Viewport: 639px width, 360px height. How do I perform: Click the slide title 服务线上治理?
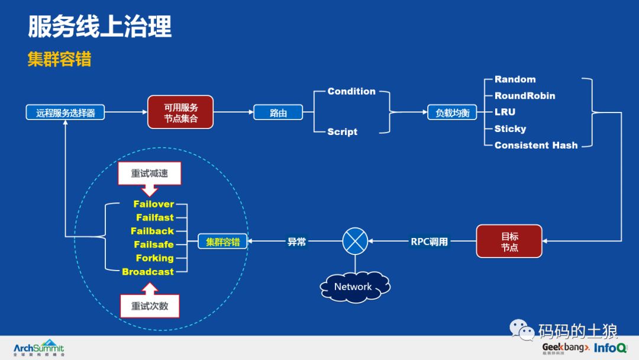coord(100,27)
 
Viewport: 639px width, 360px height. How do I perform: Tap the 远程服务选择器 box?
coord(65,112)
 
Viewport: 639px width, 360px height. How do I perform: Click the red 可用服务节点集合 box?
coord(180,112)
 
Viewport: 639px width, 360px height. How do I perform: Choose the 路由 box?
coord(278,112)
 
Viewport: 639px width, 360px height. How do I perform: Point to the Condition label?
coord(351,91)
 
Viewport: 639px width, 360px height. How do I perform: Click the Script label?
coord(343,131)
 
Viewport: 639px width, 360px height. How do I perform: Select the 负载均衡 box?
coord(452,112)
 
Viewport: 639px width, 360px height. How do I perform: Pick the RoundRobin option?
coord(525,96)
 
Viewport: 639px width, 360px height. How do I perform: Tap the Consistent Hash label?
coord(536,145)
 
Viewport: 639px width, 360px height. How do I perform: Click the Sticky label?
coord(510,128)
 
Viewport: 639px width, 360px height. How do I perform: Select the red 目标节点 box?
coord(509,241)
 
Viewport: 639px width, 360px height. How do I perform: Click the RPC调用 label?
coord(429,242)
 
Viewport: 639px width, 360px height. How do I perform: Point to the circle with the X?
coord(355,241)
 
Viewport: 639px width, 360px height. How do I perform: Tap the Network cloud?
coord(353,287)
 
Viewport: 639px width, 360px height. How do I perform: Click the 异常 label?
coord(296,242)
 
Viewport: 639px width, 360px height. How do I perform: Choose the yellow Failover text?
coord(154,204)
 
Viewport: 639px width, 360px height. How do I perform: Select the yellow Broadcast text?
coord(148,272)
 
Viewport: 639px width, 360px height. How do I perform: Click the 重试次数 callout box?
coord(150,306)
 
